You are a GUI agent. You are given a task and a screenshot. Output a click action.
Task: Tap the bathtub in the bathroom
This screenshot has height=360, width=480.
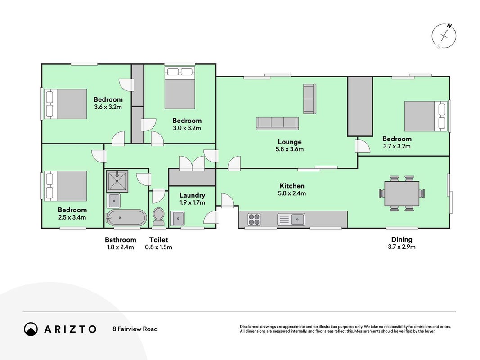coord(126,218)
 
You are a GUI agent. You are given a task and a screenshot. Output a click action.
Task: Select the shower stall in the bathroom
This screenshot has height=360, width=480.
coord(117,181)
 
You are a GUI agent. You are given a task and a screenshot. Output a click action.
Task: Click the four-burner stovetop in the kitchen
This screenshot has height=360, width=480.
coord(254,219)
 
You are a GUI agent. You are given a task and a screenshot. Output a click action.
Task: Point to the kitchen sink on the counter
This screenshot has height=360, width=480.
coord(291,220)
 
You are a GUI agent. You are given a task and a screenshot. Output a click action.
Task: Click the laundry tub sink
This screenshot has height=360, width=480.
coord(177,219)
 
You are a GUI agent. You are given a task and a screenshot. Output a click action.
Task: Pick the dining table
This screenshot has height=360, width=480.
coord(402,193)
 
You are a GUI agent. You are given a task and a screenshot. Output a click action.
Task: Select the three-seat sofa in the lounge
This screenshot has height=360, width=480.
coord(278,123)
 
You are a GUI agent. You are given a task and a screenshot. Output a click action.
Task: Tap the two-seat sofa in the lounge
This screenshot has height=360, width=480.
coord(310,99)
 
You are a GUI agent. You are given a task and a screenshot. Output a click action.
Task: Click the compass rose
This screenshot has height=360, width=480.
coord(444,36)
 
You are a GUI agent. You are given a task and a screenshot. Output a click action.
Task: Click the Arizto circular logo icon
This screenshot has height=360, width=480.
coord(31,329)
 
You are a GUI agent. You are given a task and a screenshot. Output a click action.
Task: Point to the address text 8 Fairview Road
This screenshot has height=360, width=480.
coord(135,329)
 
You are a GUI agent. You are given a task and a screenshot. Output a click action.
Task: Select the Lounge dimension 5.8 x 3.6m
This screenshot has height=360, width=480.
coord(290,149)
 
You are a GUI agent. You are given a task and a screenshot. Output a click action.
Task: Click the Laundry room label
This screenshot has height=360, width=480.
coord(192,195)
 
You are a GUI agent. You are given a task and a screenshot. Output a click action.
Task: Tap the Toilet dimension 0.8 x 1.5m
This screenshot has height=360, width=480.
coord(158,247)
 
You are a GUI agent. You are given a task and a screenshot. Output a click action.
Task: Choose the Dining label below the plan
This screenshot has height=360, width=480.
coord(402,239)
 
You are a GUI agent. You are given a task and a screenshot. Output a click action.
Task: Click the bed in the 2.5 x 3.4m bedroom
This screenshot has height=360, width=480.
coord(66,186)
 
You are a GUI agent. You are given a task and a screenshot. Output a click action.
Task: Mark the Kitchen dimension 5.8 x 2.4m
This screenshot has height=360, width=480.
coord(292,193)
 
